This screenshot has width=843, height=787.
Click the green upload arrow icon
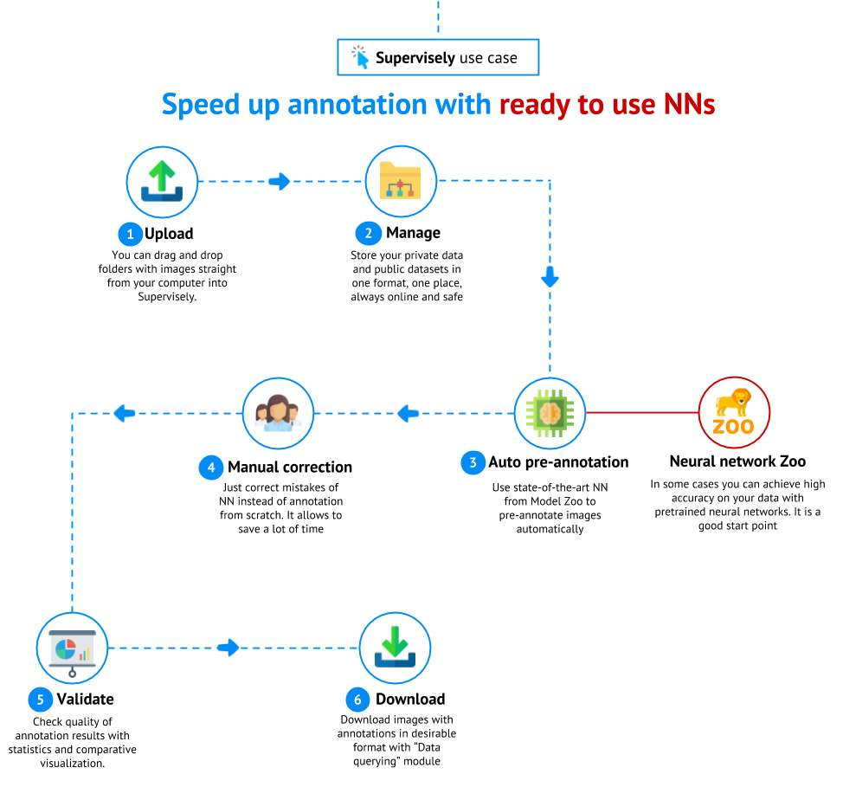pyautogui.click(x=162, y=182)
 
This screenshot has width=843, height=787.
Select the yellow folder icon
pyautogui.click(x=400, y=181)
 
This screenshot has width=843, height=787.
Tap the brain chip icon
pyautogui.click(x=550, y=413)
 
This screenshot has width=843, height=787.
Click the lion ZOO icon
pyautogui.click(x=734, y=412)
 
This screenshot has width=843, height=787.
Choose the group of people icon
pyautogui.click(x=278, y=413)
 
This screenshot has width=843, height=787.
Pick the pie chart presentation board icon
pyautogui.click(x=72, y=648)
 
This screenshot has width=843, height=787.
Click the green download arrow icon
pyautogui.click(x=395, y=648)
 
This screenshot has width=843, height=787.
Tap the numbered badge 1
pyautogui.click(x=130, y=234)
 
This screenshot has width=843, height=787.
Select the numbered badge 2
pyautogui.click(x=368, y=233)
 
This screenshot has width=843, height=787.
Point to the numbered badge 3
pyautogui.click(x=473, y=462)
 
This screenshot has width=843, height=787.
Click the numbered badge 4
pyautogui.click(x=210, y=468)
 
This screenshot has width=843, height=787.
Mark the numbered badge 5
pyautogui.click(x=40, y=700)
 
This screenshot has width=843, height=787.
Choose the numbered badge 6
pyautogui.click(x=357, y=700)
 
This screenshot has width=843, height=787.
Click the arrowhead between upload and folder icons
pyautogui.click(x=280, y=181)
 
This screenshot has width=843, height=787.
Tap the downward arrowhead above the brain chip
pyautogui.click(x=550, y=277)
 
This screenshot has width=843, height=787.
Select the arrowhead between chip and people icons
pyautogui.click(x=408, y=413)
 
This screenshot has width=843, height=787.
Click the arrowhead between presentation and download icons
pyautogui.click(x=228, y=648)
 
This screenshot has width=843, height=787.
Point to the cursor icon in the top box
pyautogui.click(x=360, y=57)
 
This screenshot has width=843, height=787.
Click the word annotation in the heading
pyautogui.click(x=357, y=105)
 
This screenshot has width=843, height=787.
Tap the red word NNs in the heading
pyautogui.click(x=689, y=105)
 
